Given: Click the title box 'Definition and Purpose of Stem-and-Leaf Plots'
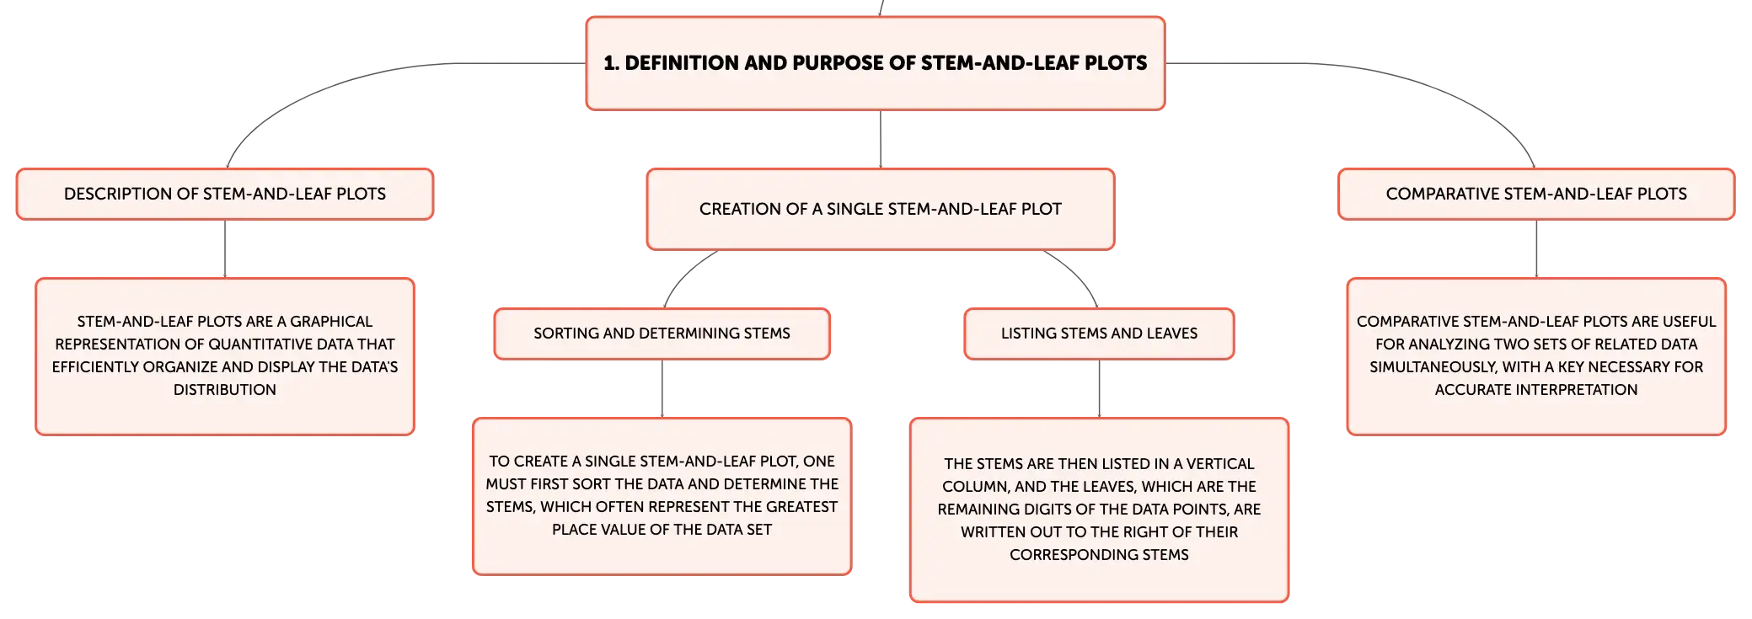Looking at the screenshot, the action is coord(876,63).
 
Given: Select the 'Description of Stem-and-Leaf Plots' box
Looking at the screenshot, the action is coord(225,194).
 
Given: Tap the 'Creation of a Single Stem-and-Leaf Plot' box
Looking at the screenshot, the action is coord(881,209).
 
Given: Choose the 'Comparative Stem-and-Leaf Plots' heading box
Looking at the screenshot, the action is coord(1536,194).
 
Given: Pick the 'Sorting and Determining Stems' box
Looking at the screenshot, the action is coord(662,334).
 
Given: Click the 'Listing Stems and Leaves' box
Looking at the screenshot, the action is coord(1099,334).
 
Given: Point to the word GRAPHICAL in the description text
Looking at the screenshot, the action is coord(331,322).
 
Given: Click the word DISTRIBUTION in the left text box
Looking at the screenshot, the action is coord(225,390).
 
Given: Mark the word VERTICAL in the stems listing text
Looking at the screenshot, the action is coord(1220,464).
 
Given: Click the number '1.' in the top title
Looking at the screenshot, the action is coord(612,63).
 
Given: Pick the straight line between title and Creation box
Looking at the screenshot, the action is coord(881,140).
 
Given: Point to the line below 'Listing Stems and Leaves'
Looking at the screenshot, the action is coord(1099,389).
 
